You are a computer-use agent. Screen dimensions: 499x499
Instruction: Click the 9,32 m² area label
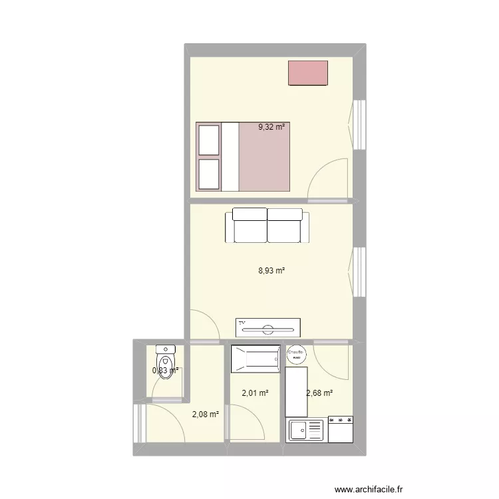271,126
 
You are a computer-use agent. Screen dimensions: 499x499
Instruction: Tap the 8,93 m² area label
271,271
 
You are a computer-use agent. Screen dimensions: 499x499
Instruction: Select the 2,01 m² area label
255,393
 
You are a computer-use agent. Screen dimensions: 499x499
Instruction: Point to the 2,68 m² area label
319,393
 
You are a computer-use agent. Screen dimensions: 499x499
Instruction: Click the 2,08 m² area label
205,414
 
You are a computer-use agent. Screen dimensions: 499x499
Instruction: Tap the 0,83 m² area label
166,371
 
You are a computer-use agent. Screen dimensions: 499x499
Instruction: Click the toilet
164,360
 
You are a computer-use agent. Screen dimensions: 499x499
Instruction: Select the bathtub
255,359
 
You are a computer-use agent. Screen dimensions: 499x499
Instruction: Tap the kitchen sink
305,430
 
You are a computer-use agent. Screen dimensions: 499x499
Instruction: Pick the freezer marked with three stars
340,430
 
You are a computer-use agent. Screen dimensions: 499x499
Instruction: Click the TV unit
267,327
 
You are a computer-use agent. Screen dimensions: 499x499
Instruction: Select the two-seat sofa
267,226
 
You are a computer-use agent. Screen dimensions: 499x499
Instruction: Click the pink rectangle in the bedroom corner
307,73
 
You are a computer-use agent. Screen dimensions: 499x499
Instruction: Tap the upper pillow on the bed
209,139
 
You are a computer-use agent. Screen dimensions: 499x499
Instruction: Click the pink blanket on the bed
264,157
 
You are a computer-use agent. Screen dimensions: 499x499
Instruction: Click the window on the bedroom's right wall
359,124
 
